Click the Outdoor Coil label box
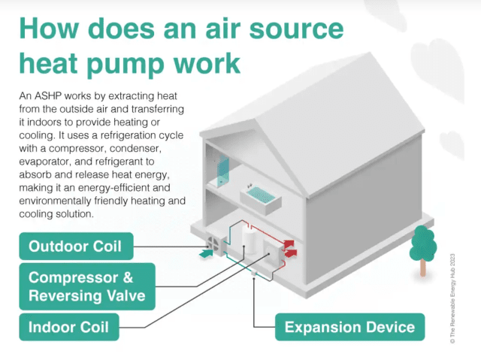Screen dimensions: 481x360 (76, 247)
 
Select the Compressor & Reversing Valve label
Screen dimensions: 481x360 (87, 286)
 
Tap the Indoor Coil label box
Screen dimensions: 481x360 (69, 327)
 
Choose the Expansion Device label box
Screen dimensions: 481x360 (349, 327)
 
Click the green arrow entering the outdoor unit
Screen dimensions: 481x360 (206, 253)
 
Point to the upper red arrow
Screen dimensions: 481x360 (289, 244)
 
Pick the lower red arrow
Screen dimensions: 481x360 (291, 253)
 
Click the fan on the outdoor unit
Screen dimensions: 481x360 (212, 244)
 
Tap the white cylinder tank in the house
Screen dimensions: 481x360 (250, 239)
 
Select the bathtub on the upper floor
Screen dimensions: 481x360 (261, 198)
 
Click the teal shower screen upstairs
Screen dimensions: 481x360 (223, 170)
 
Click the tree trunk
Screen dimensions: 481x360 (422, 268)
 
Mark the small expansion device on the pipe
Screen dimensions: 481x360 (254, 273)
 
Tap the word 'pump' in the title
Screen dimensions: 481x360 (126, 65)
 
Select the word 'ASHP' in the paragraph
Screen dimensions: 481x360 (47, 96)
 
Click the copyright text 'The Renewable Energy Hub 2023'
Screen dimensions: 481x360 (452, 298)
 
